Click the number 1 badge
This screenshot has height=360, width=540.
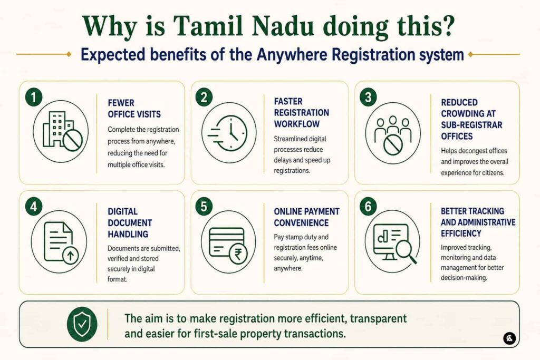pyautogui.click(x=34, y=98)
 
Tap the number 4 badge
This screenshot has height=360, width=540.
pyautogui.click(x=34, y=207)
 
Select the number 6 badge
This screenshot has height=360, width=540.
pyautogui.click(x=368, y=207)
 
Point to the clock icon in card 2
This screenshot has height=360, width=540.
pyautogui.click(x=227, y=133)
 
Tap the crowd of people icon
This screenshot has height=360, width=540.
pyautogui.click(x=393, y=135)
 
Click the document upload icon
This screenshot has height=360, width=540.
pyautogui.click(x=61, y=242)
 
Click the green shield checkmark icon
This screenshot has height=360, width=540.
pyautogui.click(x=82, y=324)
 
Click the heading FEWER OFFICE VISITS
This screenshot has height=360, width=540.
pyautogui.click(x=134, y=109)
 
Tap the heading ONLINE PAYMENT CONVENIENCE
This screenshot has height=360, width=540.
pyautogui.click(x=306, y=217)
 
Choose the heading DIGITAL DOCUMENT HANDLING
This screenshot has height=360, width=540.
pyautogui.click(x=130, y=222)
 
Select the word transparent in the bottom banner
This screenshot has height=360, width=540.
pyautogui.click(x=378, y=319)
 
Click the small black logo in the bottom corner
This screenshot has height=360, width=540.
pyautogui.click(x=509, y=338)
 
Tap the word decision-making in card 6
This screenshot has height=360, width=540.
pyautogui.click(x=464, y=278)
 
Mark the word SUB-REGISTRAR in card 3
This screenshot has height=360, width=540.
pyautogui.click(x=471, y=125)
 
